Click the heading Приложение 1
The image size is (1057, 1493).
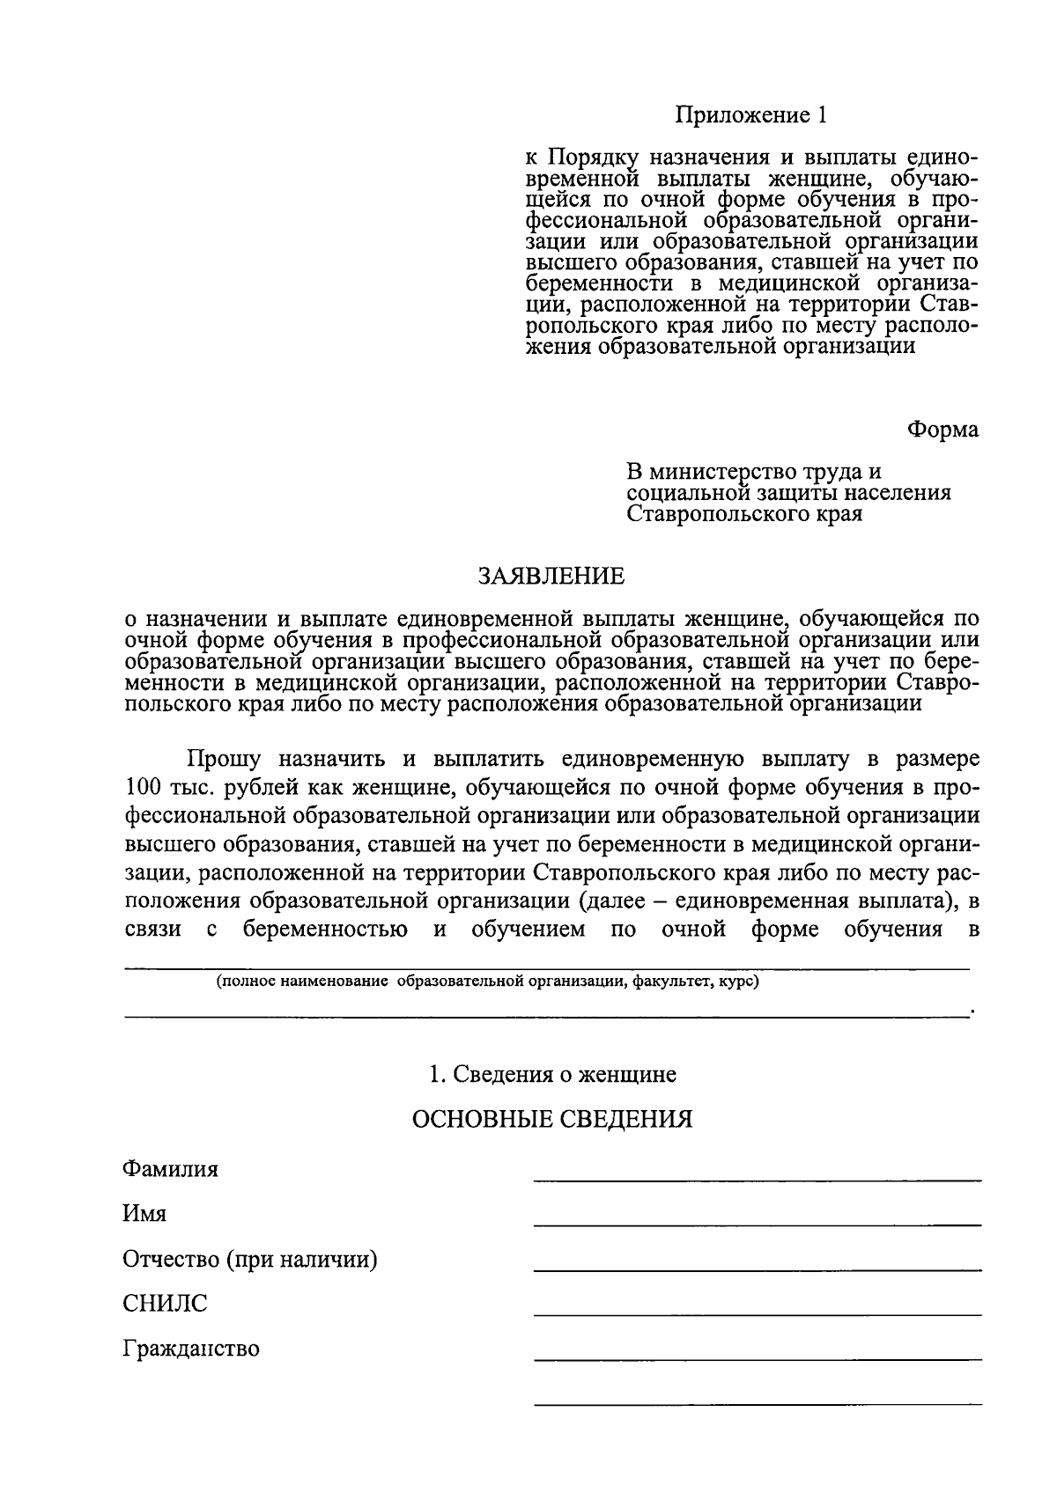pyautogui.click(x=751, y=114)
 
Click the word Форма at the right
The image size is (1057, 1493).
pyautogui.click(x=943, y=430)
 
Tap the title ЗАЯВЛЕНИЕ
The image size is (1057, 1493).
pyautogui.click(x=551, y=577)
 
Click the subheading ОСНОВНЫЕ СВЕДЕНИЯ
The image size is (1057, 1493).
pyautogui.click(x=552, y=1119)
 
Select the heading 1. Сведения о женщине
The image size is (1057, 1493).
pyautogui.click(x=552, y=1074)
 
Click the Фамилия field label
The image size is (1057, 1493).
pyautogui.click(x=170, y=1170)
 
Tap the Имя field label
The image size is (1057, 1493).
pyautogui.click(x=144, y=1214)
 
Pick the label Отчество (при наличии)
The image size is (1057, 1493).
pyautogui.click(x=250, y=1260)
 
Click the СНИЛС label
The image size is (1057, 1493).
pyautogui.click(x=165, y=1304)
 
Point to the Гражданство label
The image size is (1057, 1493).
pyautogui.click(x=191, y=1349)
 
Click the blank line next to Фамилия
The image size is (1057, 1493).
pyautogui.click(x=758, y=1178)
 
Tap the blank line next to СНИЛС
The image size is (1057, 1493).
pyautogui.click(x=758, y=1313)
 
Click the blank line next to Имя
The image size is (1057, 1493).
pyautogui.click(x=758, y=1223)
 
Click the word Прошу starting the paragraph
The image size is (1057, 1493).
pyautogui.click(x=224, y=758)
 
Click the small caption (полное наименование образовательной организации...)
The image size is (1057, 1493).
pyautogui.click(x=488, y=982)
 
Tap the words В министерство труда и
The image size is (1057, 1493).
pyautogui.click(x=754, y=472)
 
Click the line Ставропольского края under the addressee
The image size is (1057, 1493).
pyautogui.click(x=744, y=514)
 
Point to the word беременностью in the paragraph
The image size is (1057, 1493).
pyautogui.click(x=325, y=930)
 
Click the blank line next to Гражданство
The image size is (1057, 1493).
pyautogui.click(x=758, y=1358)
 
